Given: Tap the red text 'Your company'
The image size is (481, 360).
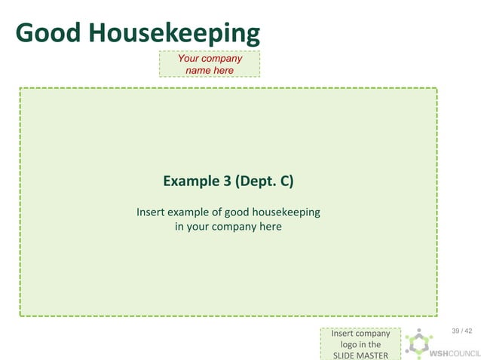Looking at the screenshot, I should click(x=210, y=58).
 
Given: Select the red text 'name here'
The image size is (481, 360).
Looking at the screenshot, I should click(x=210, y=70).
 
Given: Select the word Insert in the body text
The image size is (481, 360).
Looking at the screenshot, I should click(x=151, y=212).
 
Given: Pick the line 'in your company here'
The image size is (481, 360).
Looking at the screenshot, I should click(x=228, y=226).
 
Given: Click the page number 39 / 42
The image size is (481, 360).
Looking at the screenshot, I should click(x=461, y=331).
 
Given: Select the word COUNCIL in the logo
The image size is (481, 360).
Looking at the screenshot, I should click(x=465, y=353).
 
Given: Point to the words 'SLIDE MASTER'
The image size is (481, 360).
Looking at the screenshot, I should click(x=360, y=355).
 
